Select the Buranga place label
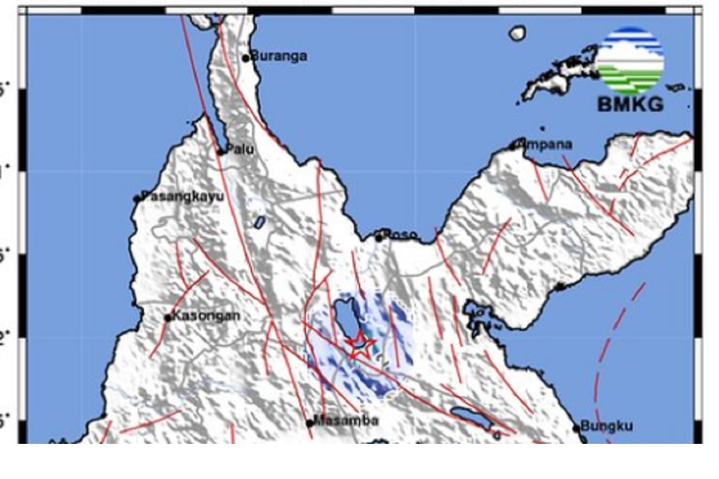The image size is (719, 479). click(279, 56)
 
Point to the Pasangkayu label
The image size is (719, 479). click(183, 196)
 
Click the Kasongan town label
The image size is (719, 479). click(206, 315)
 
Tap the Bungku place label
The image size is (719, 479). click(607, 426)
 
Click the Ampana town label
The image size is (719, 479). click(546, 144)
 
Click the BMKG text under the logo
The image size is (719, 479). click(630, 105)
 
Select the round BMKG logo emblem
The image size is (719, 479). click(630, 60)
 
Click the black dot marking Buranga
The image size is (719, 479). click(246, 58)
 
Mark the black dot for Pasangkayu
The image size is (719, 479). click(138, 199)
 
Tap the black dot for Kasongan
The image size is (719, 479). click(168, 317)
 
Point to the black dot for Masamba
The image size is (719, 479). click(309, 423)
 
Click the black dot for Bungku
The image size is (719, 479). click(576, 427)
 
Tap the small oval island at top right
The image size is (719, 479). click(517, 33)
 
